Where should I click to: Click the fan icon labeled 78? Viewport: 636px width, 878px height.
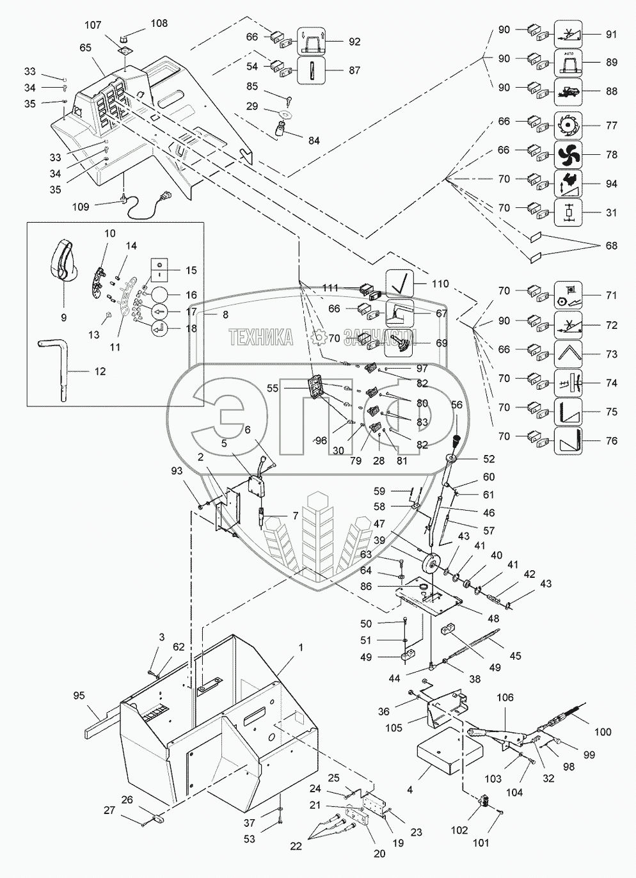(x=567, y=154)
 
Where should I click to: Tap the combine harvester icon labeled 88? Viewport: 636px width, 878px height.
(x=567, y=90)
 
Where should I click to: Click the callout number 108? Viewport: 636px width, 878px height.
(x=159, y=23)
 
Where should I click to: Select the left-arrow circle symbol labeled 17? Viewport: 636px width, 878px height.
(x=160, y=312)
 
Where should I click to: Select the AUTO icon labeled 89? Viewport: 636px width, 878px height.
(x=567, y=62)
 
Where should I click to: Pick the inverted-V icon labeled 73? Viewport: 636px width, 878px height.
(x=567, y=353)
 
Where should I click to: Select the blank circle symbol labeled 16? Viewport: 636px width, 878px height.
(x=160, y=295)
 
